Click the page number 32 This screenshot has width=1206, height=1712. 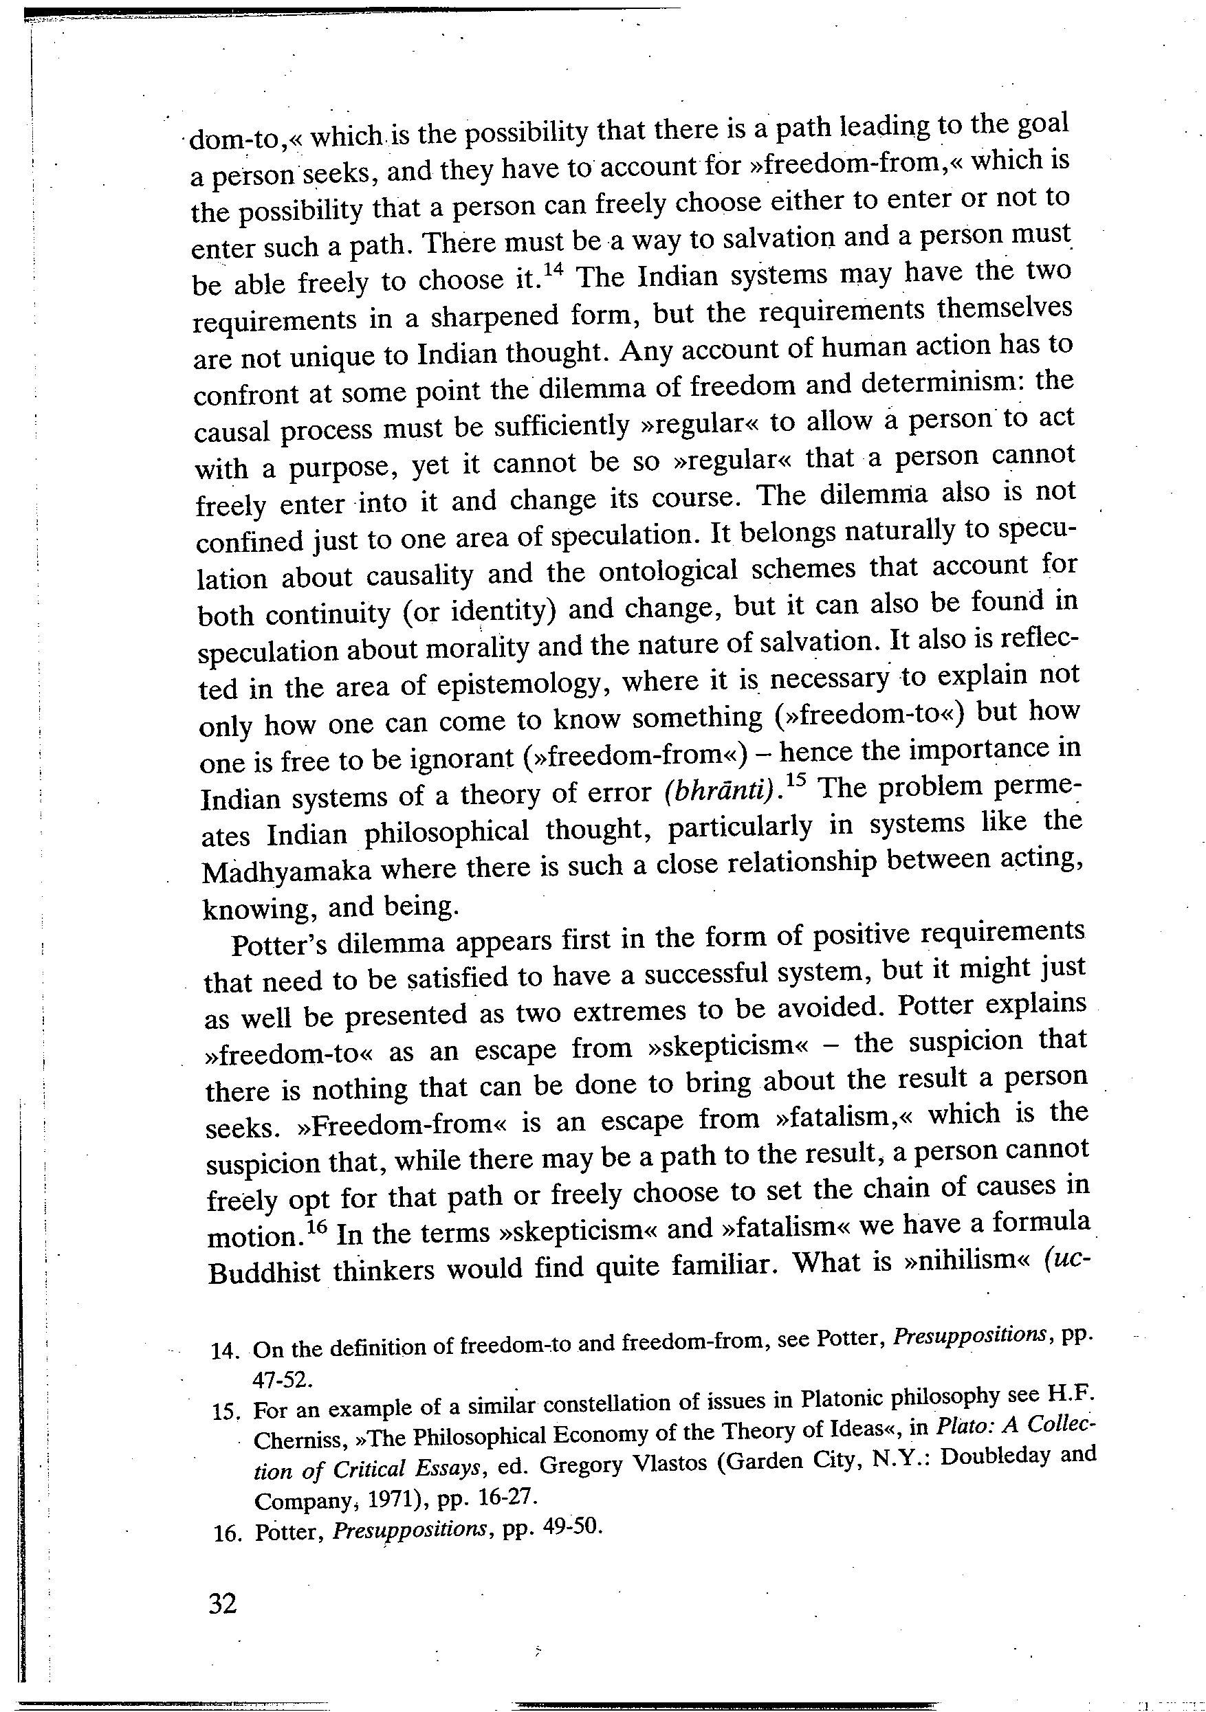point(223,1601)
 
